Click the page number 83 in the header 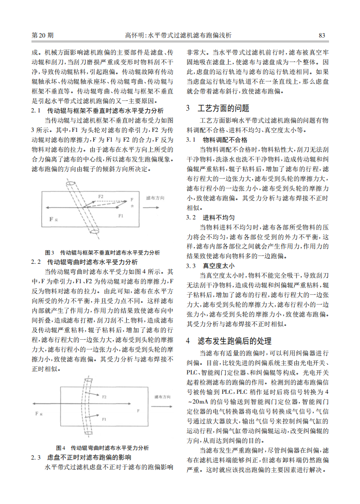322,35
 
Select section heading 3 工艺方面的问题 217,108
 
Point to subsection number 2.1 36,111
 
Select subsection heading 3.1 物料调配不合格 217,139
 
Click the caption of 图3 102,253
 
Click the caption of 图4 102,448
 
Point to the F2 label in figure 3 100,197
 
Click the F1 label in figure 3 120,216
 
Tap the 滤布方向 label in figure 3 155,197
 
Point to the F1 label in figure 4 104,419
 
